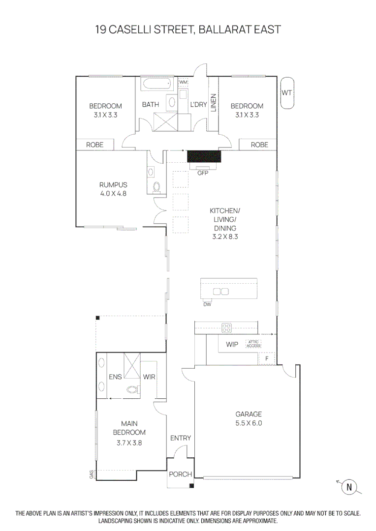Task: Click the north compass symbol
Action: tap(349, 487)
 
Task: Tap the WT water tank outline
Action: tap(287, 93)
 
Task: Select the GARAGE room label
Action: tap(249, 414)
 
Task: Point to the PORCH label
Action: tap(180, 474)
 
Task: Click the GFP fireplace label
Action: tap(203, 173)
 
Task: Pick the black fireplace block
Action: tap(204, 156)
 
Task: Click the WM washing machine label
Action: tap(183, 82)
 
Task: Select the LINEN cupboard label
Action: tap(213, 103)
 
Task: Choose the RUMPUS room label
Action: tap(113, 185)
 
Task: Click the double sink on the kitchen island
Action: tap(220, 291)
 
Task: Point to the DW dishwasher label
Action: tap(207, 304)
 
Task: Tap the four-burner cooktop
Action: tap(226, 327)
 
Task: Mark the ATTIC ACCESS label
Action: tap(253, 344)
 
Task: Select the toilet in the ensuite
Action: tap(133, 389)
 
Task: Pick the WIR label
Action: tap(149, 377)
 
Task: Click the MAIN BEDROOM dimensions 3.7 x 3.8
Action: tap(129, 442)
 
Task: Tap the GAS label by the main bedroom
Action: tap(92, 475)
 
